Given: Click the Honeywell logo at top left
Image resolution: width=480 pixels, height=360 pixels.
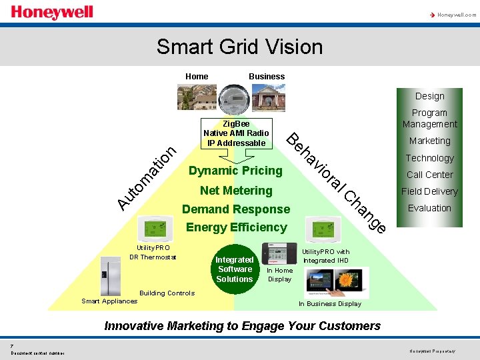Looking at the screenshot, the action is coord(52,13).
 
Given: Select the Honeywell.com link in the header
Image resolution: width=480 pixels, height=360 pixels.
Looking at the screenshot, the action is coord(456,14).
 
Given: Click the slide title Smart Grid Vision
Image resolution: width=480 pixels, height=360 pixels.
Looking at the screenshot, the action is coord(239,47).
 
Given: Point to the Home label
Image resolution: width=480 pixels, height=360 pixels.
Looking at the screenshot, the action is coord(197,76).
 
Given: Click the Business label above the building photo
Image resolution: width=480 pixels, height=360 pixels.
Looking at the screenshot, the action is coord(267,76).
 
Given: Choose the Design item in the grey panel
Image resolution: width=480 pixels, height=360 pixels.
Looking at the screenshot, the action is coord(429,96).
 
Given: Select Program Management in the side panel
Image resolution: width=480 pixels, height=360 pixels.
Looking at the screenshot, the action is coord(429,119).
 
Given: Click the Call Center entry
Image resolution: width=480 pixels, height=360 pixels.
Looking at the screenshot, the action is coord(429,175).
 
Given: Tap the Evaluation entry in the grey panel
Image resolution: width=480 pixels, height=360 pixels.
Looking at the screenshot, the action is coord(429,208).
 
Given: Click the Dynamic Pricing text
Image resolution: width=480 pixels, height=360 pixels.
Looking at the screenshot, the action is coord(235,171).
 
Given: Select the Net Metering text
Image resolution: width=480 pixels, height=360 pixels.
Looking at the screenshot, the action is coord(236,191).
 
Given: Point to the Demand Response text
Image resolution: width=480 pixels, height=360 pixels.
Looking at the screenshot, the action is coord(236,209).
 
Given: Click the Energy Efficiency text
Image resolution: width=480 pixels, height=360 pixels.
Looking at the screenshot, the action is coord(236,227).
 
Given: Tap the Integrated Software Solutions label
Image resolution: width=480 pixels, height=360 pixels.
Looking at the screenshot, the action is coord(235,269).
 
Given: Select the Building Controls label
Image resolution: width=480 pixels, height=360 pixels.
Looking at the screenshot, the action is coord(167,293).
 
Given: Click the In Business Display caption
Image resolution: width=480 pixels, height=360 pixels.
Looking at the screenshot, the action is coord(329,304).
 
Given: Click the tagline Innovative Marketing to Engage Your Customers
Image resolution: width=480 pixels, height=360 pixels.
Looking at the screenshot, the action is coord(243,326).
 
